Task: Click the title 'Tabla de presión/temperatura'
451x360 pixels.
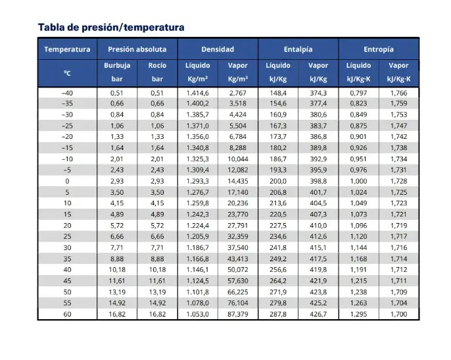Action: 111,27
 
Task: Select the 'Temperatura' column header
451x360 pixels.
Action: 67,49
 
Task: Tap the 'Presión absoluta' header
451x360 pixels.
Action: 137,49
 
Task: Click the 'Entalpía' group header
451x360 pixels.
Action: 298,49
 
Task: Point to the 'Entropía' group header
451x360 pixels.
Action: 378,49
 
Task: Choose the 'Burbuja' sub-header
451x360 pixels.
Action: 117,66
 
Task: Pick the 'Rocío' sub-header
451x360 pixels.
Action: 157,66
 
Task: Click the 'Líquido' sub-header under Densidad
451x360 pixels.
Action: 197,66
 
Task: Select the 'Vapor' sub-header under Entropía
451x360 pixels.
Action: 398,66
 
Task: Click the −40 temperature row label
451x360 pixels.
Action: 66,93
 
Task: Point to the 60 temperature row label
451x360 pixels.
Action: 66,314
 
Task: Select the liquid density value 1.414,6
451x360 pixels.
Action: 197,93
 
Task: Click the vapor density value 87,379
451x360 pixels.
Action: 237,314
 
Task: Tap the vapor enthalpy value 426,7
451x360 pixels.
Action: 318,314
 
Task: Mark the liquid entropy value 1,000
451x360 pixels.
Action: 358,181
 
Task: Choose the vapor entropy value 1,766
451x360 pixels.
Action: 398,93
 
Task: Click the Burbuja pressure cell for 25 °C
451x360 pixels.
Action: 117,236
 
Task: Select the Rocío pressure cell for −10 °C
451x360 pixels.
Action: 157,159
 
